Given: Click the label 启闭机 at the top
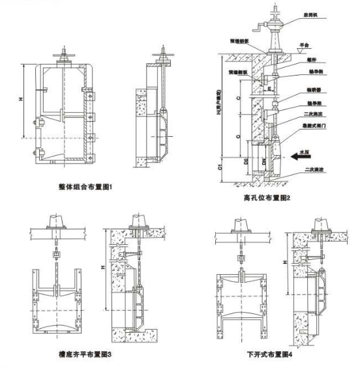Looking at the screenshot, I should click(x=310, y=18).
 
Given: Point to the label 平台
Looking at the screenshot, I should click(x=303, y=46).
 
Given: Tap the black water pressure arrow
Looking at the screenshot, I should click(x=301, y=156).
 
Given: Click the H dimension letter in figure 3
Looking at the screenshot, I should click(x=97, y=268).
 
